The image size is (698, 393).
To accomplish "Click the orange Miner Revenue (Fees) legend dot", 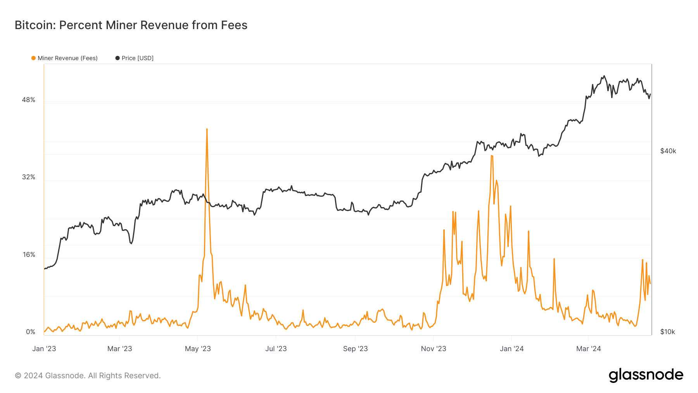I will click(34, 58).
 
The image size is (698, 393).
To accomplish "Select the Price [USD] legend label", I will click(137, 58).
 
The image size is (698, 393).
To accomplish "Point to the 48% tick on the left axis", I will click(28, 100).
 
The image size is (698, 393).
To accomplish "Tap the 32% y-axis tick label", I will click(28, 177).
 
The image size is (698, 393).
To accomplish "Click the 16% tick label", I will click(29, 254).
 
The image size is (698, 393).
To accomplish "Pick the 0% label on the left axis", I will click(30, 332).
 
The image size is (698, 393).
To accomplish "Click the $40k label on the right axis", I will click(668, 151).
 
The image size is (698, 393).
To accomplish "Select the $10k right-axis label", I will click(667, 332).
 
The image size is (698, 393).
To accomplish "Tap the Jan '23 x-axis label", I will click(44, 349).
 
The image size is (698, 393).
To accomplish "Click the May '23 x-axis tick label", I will click(198, 349).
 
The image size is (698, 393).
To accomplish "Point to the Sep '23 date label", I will click(355, 349).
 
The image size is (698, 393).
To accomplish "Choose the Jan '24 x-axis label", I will click(511, 349).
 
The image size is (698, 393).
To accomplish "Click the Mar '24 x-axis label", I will click(588, 349).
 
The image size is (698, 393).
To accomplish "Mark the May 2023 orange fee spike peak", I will click(207, 129).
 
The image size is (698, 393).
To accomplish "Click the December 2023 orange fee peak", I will click(492, 156).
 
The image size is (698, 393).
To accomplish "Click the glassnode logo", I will click(646, 375).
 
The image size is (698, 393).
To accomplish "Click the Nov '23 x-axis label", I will click(434, 349).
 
